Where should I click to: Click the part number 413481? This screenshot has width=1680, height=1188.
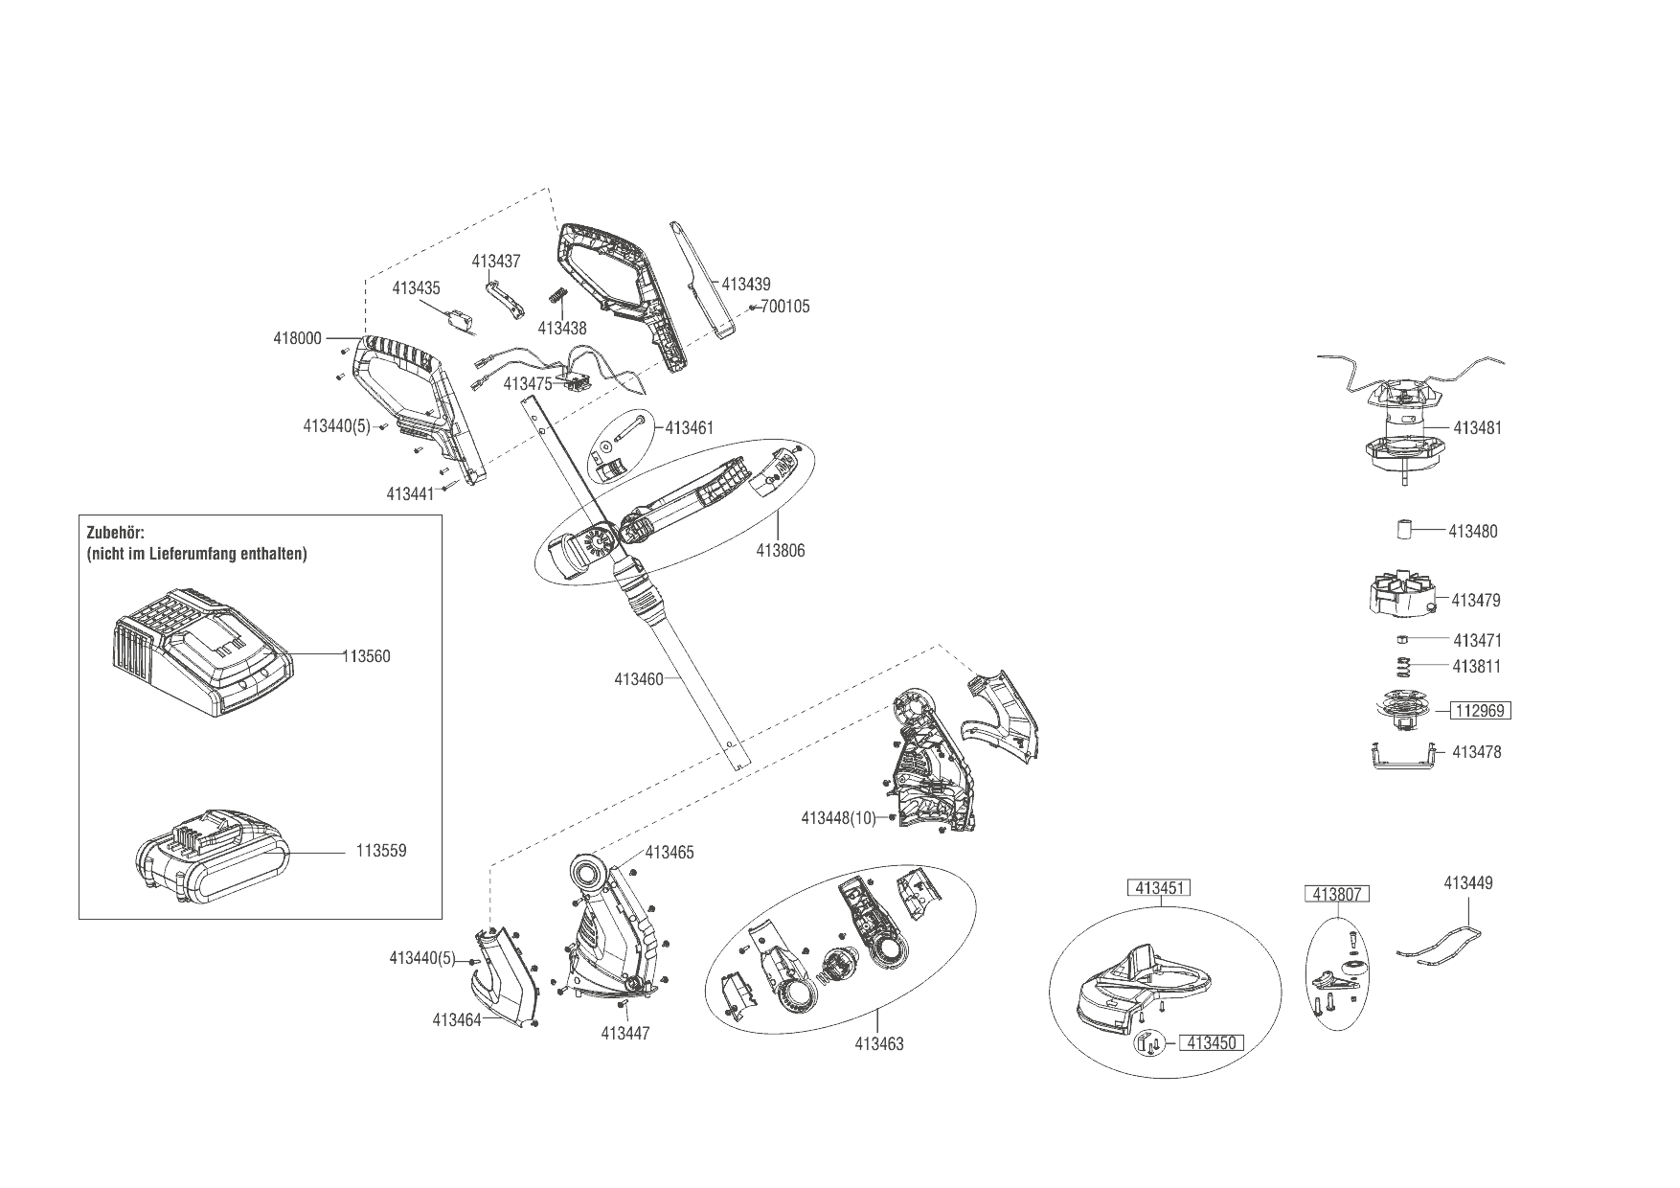(1477, 428)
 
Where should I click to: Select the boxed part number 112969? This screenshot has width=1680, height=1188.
(1481, 711)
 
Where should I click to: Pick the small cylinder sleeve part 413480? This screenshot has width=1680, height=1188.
(1405, 529)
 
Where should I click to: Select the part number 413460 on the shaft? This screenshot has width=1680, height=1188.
(639, 679)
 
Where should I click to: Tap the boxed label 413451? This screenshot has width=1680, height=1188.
(1158, 888)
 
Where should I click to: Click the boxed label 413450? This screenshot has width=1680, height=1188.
(1211, 1043)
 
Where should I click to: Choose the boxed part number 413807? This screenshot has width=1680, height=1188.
(1338, 895)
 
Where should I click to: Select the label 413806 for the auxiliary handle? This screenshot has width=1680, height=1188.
(780, 551)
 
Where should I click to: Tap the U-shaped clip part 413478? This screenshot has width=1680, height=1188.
(1400, 757)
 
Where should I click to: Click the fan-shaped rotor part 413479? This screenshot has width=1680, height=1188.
(1399, 595)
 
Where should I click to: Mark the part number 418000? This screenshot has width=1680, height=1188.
(297, 338)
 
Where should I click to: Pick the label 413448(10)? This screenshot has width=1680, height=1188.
(838, 818)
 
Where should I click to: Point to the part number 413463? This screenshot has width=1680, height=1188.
(878, 1044)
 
